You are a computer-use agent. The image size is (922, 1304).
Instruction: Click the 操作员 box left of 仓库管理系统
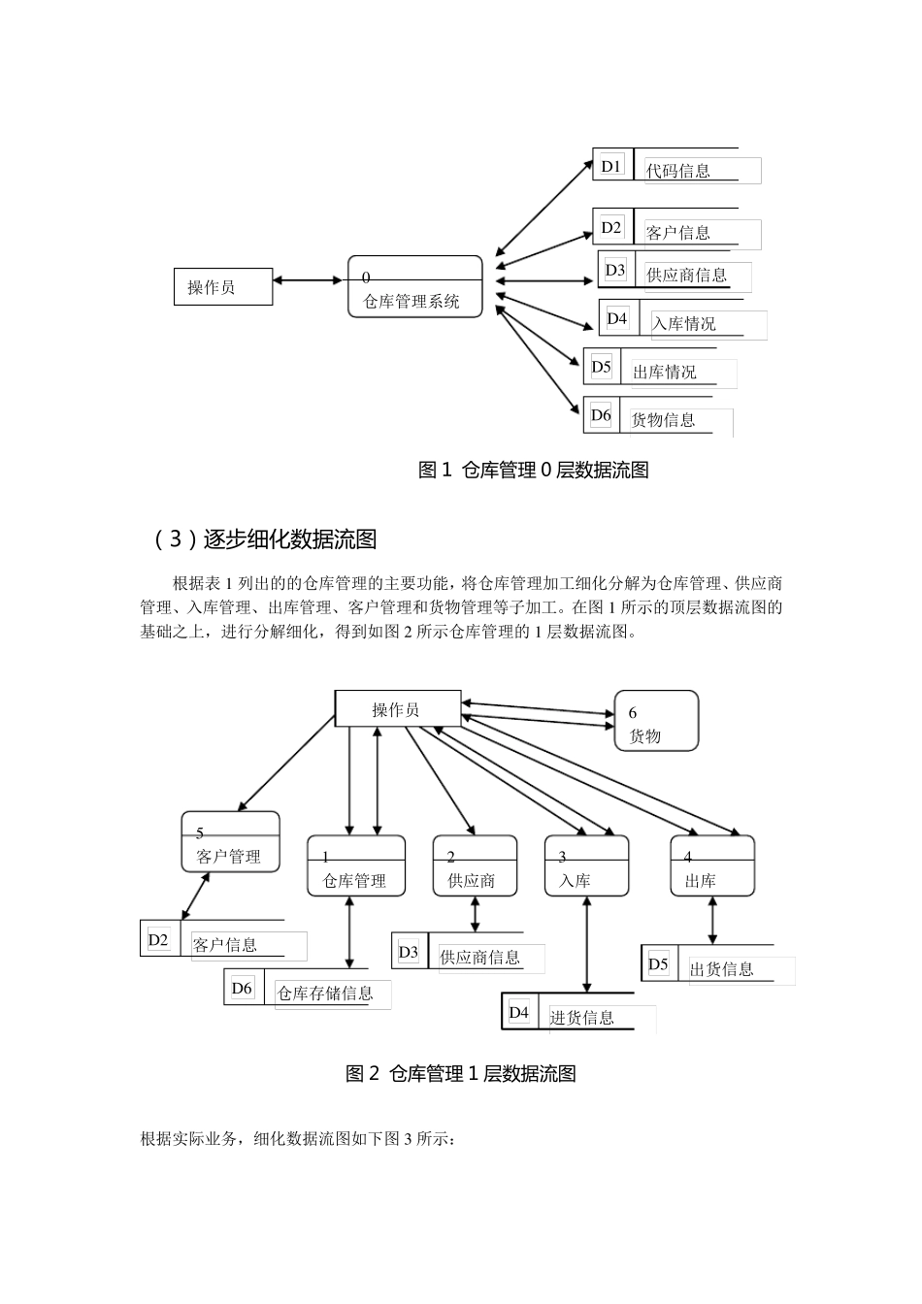pyautogui.click(x=223, y=287)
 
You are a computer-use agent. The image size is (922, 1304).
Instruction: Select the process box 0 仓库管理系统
pyautogui.click(x=415, y=288)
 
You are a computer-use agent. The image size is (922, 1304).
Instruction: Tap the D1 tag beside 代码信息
pyautogui.click(x=611, y=167)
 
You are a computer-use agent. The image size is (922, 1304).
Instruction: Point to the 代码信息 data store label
pyautogui.click(x=679, y=171)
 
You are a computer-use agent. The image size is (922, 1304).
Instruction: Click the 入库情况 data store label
pyautogui.click(x=684, y=324)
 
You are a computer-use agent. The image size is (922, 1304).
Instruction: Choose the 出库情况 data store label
pyautogui.click(x=665, y=372)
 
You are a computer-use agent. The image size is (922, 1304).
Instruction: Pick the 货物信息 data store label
pyautogui.click(x=664, y=420)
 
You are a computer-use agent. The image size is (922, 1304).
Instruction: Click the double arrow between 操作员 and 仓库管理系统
pyautogui.click(x=310, y=281)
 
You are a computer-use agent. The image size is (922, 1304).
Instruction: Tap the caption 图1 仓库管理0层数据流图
pyautogui.click(x=533, y=471)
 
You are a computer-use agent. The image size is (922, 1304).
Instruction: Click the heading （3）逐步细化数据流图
pyautogui.click(x=265, y=539)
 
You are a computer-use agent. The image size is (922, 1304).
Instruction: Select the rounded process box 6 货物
pyautogui.click(x=656, y=721)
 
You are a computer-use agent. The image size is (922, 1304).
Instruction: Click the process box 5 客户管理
pyautogui.click(x=230, y=842)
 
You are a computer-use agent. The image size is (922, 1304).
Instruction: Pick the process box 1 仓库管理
pyautogui.click(x=356, y=866)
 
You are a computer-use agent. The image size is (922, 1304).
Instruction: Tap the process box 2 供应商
pyautogui.click(x=475, y=866)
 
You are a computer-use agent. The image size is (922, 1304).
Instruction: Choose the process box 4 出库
pyautogui.click(x=712, y=866)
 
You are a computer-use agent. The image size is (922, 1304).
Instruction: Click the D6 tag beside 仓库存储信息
pyautogui.click(x=243, y=989)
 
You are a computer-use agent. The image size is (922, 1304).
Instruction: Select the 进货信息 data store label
pyautogui.click(x=582, y=1018)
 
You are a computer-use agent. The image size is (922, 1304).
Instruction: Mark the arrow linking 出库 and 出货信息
pyautogui.click(x=712, y=920)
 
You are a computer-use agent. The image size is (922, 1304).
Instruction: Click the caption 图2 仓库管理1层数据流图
pyautogui.click(x=461, y=1074)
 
